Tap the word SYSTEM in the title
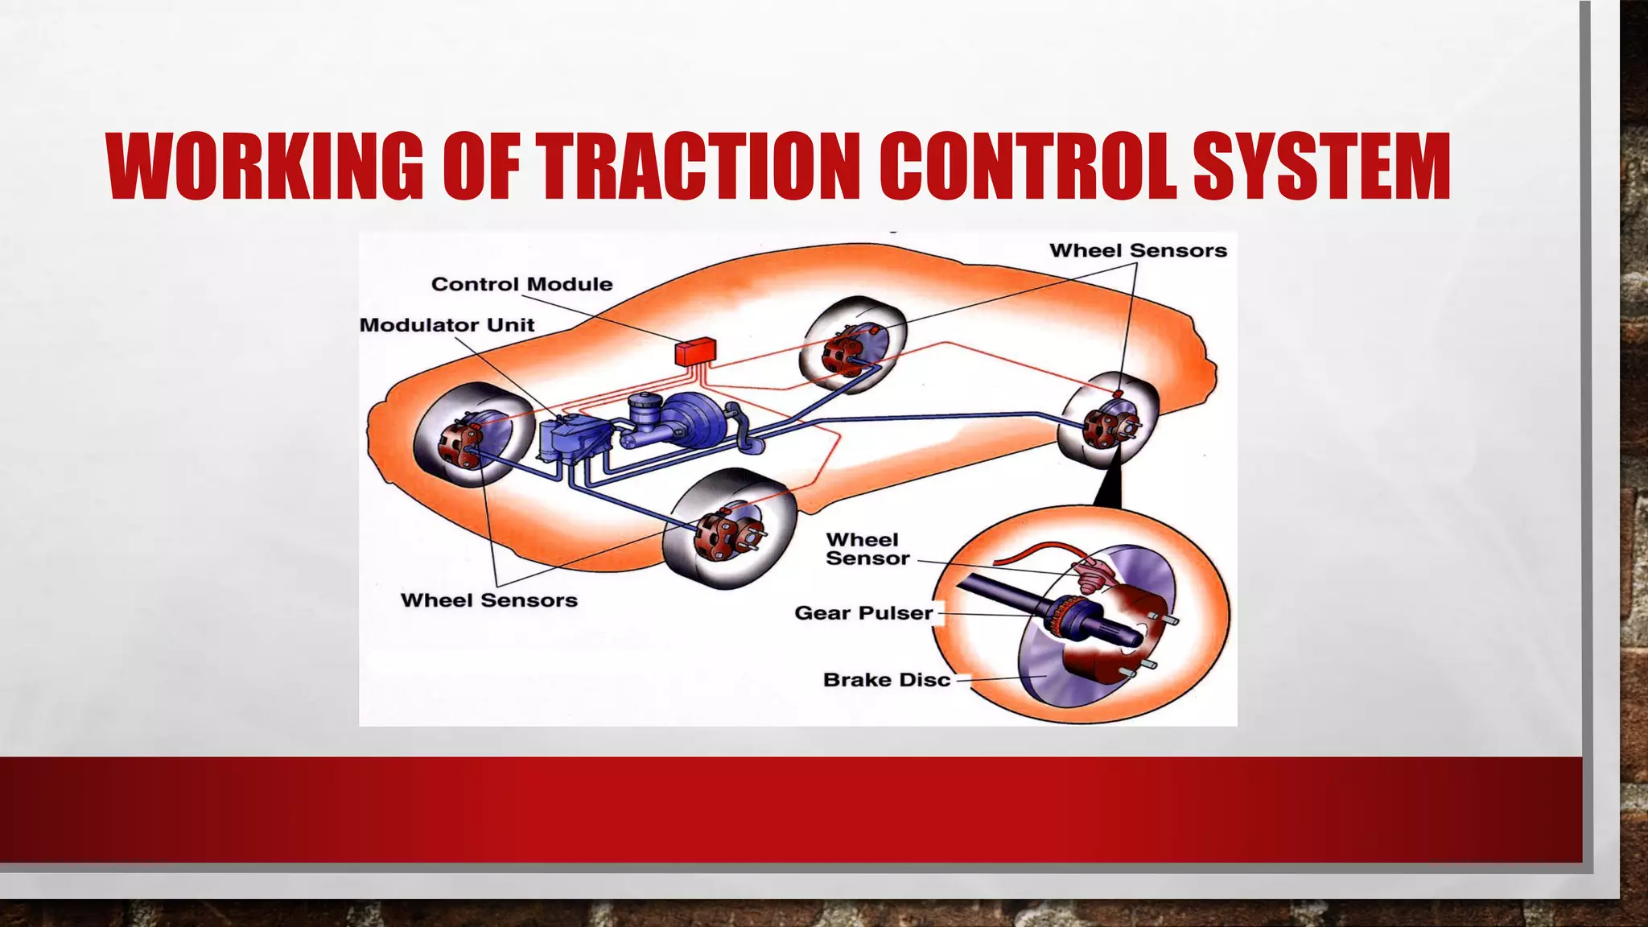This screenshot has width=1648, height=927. coord(1320,167)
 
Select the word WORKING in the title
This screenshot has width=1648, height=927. coord(265,167)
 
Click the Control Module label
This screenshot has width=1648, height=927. coord(521,284)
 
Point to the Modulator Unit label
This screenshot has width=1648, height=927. coord(447,325)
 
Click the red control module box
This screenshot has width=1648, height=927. coord(694,352)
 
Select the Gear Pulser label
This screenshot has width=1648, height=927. coord(863,613)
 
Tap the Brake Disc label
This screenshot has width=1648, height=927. coord(886,680)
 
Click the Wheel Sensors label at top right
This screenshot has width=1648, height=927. coord(1138,251)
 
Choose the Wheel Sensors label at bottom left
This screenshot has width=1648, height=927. coord(488,600)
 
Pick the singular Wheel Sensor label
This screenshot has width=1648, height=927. coord(866,549)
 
